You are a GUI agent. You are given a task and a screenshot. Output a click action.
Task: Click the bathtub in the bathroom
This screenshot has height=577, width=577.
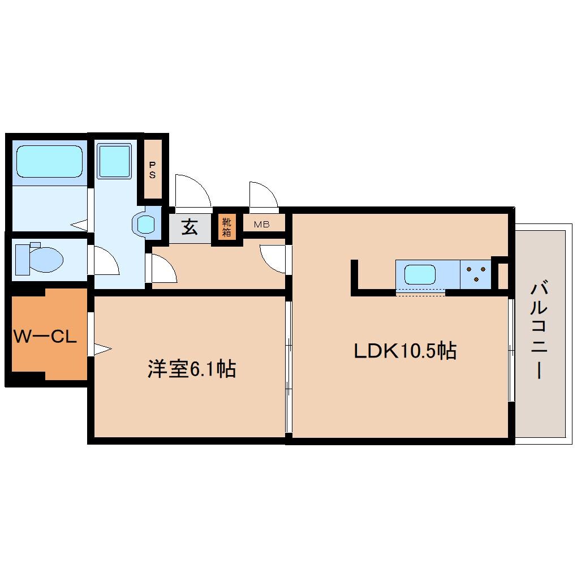49,161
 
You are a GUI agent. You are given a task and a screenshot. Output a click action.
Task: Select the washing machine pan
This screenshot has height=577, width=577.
114,160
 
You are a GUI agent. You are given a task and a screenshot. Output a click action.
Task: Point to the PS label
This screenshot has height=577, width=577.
153,170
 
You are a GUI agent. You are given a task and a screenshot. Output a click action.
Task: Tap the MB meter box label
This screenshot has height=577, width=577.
261,225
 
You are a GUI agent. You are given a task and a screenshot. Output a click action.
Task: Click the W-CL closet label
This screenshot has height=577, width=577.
45,338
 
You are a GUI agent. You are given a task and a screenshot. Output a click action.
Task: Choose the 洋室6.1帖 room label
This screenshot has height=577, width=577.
191,369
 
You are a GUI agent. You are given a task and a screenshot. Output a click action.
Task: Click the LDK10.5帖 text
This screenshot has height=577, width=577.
405,351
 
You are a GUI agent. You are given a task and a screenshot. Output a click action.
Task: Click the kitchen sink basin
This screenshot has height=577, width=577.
420,275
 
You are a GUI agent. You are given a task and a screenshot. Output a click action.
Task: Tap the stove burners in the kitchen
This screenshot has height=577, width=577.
476,274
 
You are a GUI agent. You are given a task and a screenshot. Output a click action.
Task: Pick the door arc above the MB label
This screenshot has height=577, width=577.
264,195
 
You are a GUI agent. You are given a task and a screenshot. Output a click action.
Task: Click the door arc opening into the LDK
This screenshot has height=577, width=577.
273,261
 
